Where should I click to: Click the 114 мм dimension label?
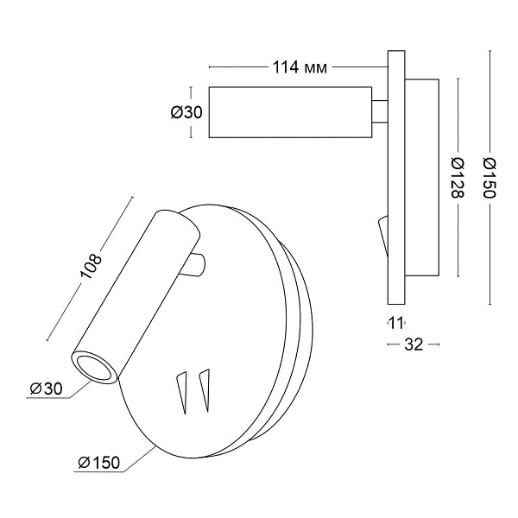coord(300,67)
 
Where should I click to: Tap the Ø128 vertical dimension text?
coord(458,177)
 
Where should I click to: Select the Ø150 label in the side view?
coord(490,177)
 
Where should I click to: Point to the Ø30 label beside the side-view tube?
coord(186,112)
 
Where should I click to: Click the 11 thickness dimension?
coord(395,323)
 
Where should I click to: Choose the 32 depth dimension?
coord(414,344)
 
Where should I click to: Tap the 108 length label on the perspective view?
coord(90,267)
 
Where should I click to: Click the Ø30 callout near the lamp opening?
coord(46,388)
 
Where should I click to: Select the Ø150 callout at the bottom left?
coord(98,463)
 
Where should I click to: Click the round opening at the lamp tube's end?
coord(95,368)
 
